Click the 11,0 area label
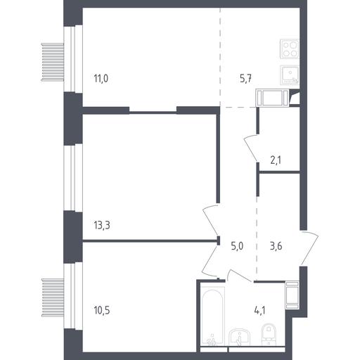(101, 78)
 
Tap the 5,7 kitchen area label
(246, 78)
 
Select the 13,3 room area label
(102, 225)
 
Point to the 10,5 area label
(102, 310)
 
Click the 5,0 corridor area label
(237, 246)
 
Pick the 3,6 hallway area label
(276, 246)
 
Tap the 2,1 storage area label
(276, 160)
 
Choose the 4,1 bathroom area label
(259, 310)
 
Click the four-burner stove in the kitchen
(290, 49)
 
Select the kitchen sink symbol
(290, 75)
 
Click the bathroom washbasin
(240, 337)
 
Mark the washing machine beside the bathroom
(292, 295)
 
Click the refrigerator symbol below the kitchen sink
(273, 97)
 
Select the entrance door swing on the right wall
(309, 248)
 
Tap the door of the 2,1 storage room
(251, 148)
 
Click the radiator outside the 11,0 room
(53, 62)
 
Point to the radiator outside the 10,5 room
(53, 297)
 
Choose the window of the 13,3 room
(73, 178)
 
